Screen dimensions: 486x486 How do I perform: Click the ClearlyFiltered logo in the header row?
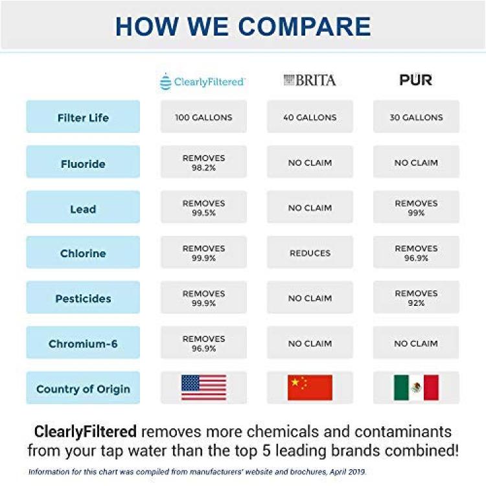click(202, 82)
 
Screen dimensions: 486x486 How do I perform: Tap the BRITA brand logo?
click(310, 80)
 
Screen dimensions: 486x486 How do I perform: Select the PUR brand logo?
click(415, 80)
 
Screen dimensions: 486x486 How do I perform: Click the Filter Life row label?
click(83, 117)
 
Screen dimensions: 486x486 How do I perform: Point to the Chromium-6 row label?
click(83, 343)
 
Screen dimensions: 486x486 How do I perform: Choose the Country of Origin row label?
click(83, 388)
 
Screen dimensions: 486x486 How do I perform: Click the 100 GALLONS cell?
click(203, 117)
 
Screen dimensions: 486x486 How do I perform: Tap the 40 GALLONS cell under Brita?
click(310, 117)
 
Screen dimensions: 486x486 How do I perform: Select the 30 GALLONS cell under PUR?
click(416, 117)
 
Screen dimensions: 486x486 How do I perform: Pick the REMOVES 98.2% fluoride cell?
click(203, 162)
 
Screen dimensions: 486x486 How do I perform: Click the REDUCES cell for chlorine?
click(310, 252)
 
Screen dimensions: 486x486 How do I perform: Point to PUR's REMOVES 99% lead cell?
click(416, 207)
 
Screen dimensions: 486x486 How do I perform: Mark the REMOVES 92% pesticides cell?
click(416, 297)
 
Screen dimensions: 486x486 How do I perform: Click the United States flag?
click(203, 388)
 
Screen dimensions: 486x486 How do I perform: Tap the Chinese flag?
click(310, 388)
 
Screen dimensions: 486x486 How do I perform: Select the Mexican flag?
click(416, 388)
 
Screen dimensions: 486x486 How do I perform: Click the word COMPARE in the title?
click(305, 27)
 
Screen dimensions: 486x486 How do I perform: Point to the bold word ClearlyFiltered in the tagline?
click(86, 432)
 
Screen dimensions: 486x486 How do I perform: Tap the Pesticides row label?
click(83, 297)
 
